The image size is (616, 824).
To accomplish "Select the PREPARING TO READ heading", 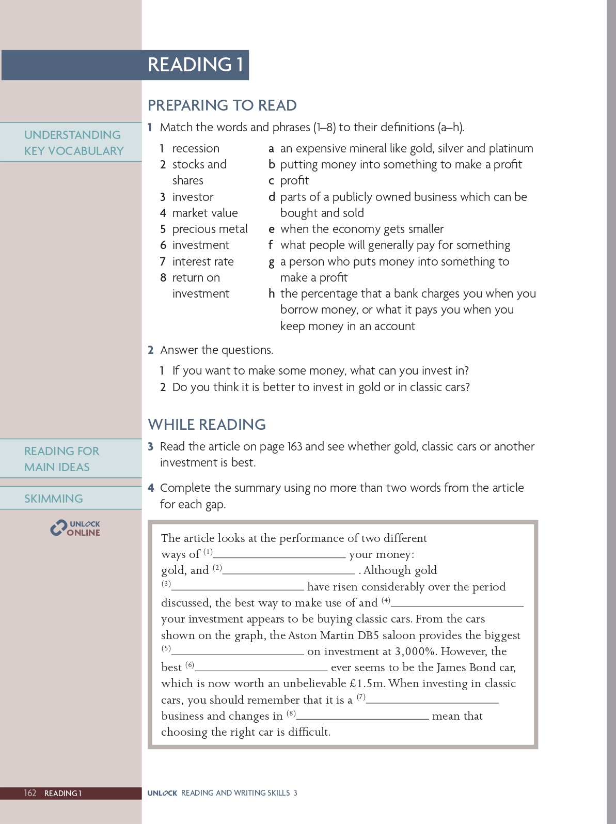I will click(x=222, y=105).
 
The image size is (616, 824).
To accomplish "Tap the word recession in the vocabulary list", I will click(x=196, y=149).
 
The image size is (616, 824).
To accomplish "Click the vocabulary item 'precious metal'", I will click(x=210, y=229).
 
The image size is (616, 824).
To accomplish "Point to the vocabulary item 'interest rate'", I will click(x=203, y=262).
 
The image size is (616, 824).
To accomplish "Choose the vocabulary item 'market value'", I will click(x=205, y=213).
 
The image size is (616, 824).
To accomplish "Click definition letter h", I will click(x=272, y=294).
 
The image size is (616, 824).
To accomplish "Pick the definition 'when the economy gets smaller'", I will click(x=361, y=229).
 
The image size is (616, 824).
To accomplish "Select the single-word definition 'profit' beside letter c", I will click(x=294, y=181).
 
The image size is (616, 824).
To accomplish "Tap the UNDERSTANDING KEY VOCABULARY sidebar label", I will click(x=74, y=143).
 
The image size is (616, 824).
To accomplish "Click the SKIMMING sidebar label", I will click(x=54, y=499).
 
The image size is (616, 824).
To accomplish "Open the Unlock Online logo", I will click(x=75, y=528).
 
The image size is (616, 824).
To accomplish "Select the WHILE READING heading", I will click(x=207, y=425).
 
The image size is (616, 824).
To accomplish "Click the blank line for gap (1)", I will click(x=279, y=556).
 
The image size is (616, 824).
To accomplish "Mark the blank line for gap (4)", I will click(x=457, y=604).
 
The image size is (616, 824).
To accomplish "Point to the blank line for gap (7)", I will click(x=432, y=702).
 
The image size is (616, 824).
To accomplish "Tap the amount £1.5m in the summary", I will click(x=367, y=684).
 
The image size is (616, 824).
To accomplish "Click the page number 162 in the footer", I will click(x=30, y=793).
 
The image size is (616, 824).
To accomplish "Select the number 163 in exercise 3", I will click(x=295, y=447).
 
